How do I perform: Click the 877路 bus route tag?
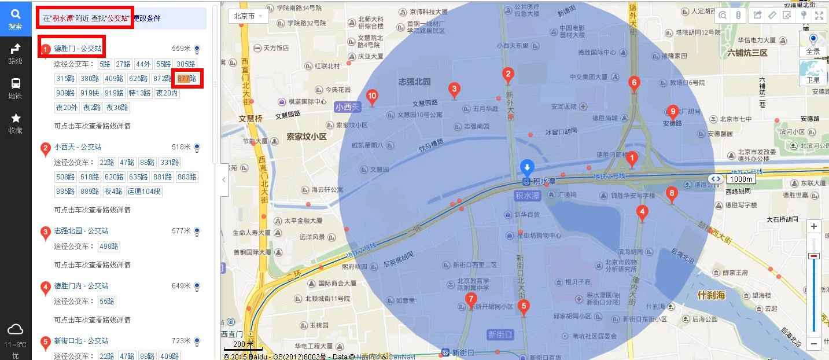pos(187,79)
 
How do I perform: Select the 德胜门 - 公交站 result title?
pos(78,49)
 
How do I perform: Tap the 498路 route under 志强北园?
pos(109,247)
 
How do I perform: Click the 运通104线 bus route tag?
pos(145,192)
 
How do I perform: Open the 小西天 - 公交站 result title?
pos(78,147)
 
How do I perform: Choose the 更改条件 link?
pos(147,19)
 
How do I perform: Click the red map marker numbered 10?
pos(373,97)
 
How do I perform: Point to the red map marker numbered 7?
pos(471,300)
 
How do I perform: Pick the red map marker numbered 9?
pos(672,112)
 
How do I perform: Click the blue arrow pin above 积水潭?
pos(527,167)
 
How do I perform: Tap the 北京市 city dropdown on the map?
pos(248,16)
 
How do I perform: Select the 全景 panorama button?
pos(813,43)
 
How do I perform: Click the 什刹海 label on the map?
pos(711,295)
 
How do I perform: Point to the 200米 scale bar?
pos(243,346)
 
